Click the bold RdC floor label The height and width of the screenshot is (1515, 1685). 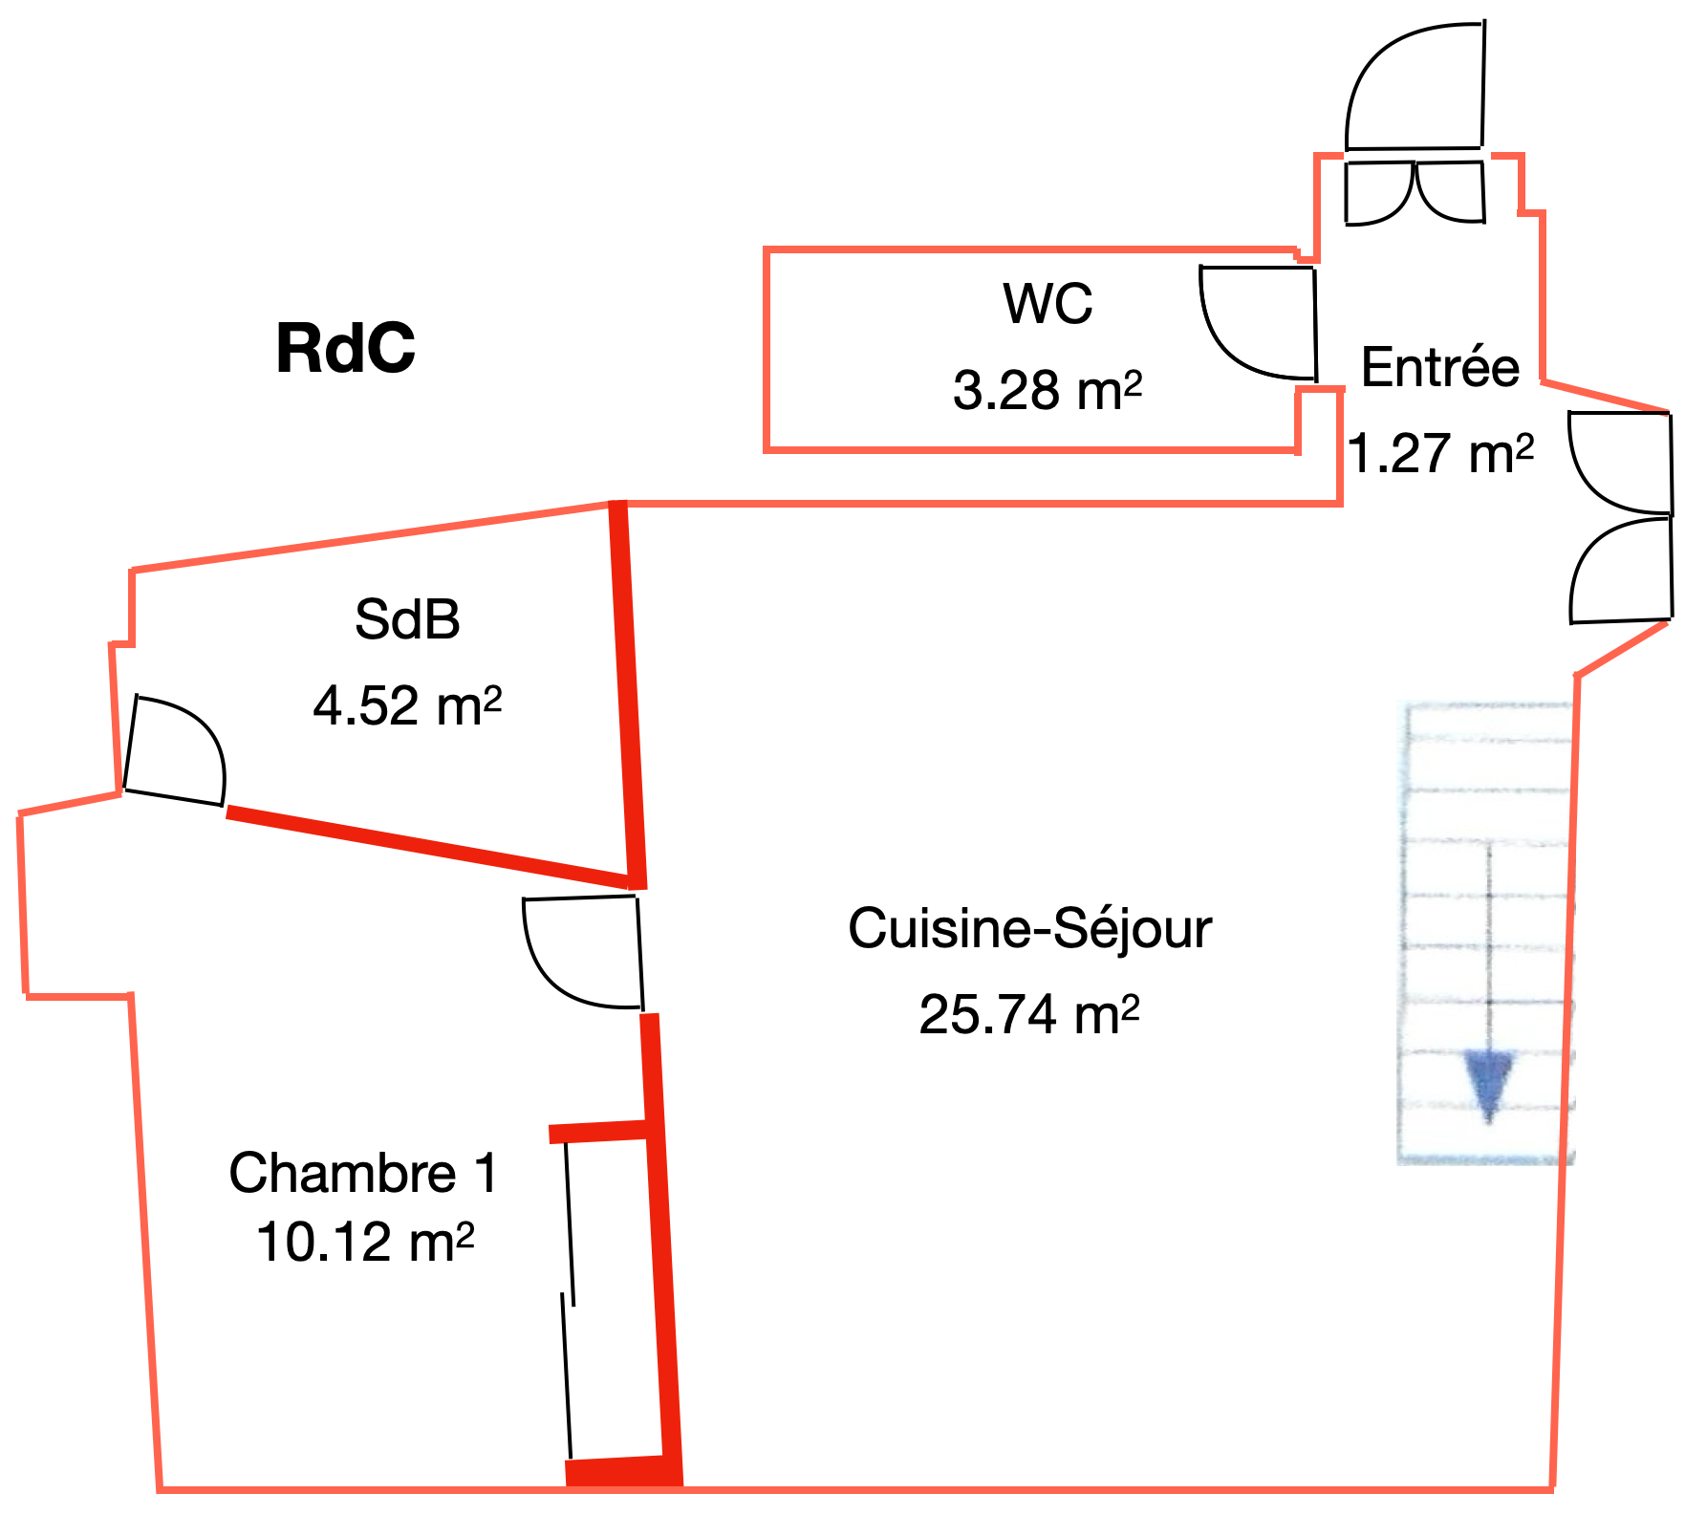(x=346, y=348)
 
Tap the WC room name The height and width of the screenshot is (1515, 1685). (x=1048, y=304)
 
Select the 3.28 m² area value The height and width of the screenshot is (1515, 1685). (x=1048, y=390)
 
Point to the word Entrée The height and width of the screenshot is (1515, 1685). (x=1439, y=367)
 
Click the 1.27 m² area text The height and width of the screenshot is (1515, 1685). (x=1440, y=453)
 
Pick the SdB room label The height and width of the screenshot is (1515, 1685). (x=407, y=619)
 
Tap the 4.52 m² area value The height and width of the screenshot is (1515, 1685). (x=407, y=706)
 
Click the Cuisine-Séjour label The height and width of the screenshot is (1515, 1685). (x=1029, y=928)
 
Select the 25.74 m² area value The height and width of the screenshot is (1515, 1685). (x=1029, y=1014)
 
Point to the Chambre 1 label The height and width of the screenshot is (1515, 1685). (x=363, y=1173)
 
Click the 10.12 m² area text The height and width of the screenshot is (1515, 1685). (x=365, y=1242)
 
